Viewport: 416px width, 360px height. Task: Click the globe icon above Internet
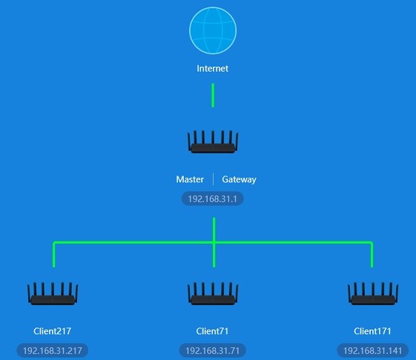[213, 30]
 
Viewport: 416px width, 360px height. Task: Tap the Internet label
[213, 68]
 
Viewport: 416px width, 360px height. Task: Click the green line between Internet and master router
[213, 96]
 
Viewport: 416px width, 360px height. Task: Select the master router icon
[213, 141]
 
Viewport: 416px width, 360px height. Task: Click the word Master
[190, 179]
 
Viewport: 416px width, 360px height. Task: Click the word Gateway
[239, 179]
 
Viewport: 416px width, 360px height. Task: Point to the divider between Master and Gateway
[213, 179]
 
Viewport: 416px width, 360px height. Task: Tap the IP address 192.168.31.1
[213, 199]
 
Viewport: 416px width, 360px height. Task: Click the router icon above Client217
[53, 294]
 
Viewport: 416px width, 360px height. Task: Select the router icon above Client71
[213, 294]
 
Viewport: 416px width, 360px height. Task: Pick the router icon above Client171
[373, 294]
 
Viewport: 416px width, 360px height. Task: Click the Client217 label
[52, 331]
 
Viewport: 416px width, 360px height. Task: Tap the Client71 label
[212, 331]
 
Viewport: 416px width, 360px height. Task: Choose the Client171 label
[372, 331]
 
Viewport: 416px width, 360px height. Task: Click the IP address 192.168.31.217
[53, 350]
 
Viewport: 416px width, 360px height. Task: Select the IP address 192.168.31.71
[213, 350]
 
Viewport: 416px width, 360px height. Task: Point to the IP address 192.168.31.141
[373, 350]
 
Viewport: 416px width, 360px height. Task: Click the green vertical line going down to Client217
[54, 255]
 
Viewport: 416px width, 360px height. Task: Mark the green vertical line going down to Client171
[372, 255]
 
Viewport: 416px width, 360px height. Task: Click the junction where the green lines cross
[214, 242]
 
